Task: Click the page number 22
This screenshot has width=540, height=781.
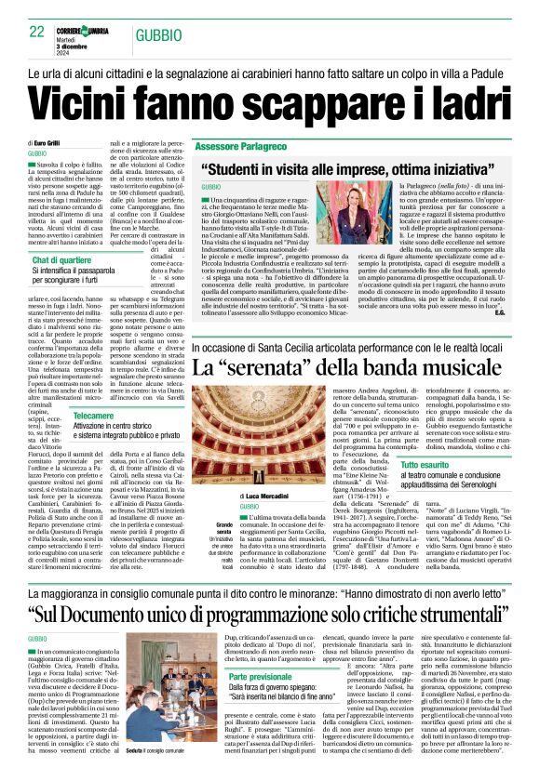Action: click(x=37, y=32)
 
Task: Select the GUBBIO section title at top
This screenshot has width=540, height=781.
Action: click(x=158, y=34)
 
